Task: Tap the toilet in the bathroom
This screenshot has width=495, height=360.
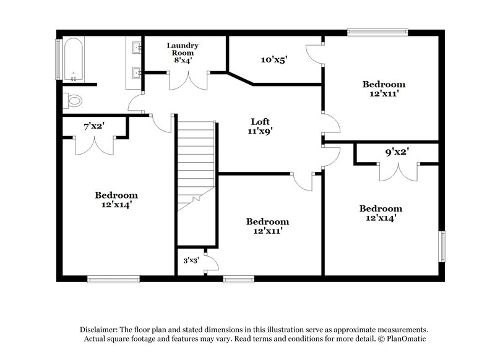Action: pyautogui.click(x=73, y=100)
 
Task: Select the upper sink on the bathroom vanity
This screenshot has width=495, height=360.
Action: pyautogui.click(x=136, y=47)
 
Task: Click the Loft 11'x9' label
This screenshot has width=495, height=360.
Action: pyautogui.click(x=260, y=126)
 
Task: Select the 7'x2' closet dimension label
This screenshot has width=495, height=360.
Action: pyautogui.click(x=94, y=126)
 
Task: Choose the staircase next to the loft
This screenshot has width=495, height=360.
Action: pyautogui.click(x=196, y=161)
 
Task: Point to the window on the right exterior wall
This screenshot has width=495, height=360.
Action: pyautogui.click(x=442, y=247)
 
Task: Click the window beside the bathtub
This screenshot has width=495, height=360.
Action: pyautogui.click(x=59, y=60)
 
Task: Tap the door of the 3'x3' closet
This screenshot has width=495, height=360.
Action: pyautogui.click(x=211, y=262)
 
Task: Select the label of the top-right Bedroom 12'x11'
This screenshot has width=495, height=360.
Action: pyautogui.click(x=384, y=89)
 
